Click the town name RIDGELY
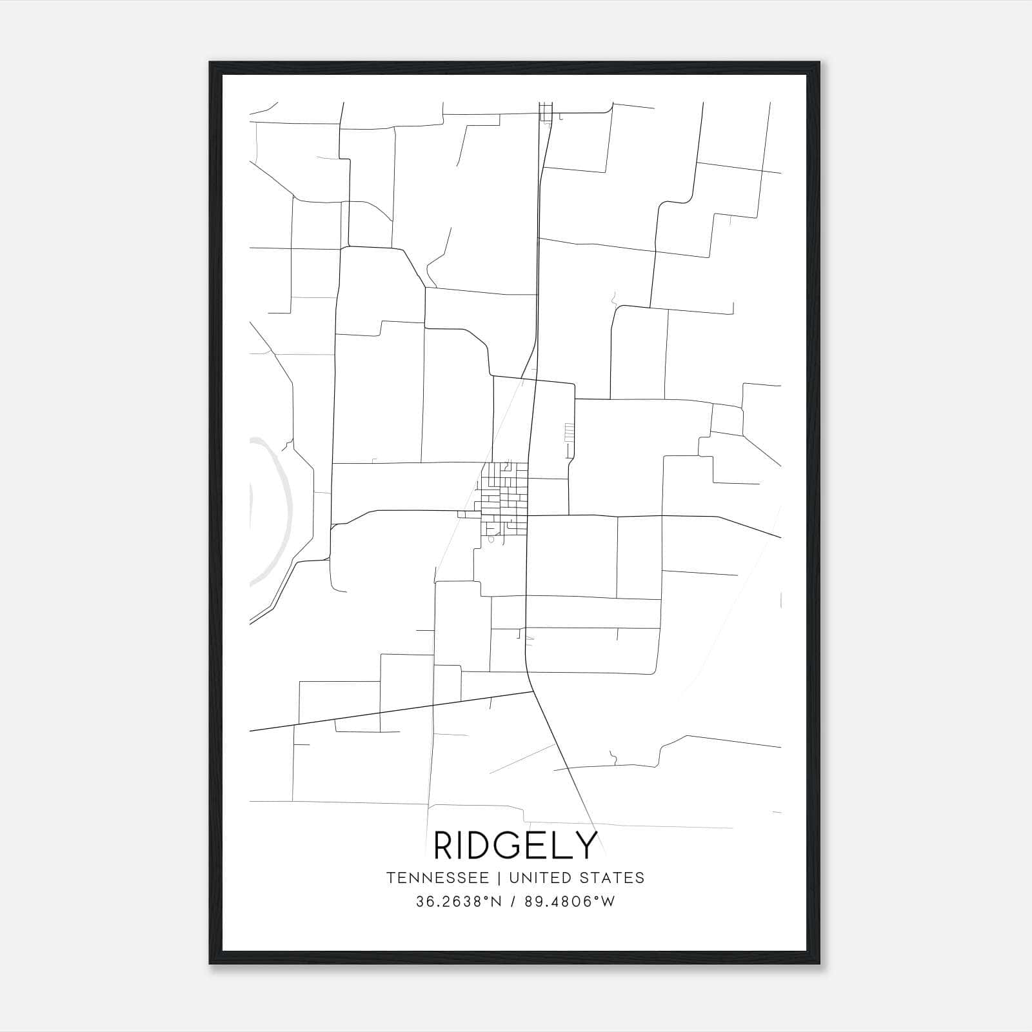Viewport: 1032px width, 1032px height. click(x=516, y=846)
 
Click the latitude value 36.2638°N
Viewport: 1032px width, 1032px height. click(x=459, y=902)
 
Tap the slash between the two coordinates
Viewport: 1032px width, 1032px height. click(x=513, y=902)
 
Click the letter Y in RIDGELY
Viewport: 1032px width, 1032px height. click(x=585, y=846)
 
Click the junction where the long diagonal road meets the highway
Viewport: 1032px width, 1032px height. click(x=533, y=691)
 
